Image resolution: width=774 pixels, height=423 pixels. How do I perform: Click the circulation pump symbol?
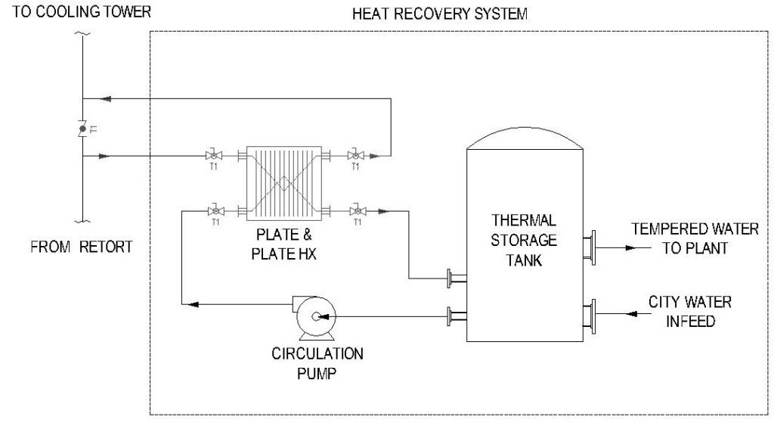[313, 317]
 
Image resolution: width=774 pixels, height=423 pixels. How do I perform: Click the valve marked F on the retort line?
[82, 128]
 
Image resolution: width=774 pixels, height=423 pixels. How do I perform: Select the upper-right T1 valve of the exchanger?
[353, 157]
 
